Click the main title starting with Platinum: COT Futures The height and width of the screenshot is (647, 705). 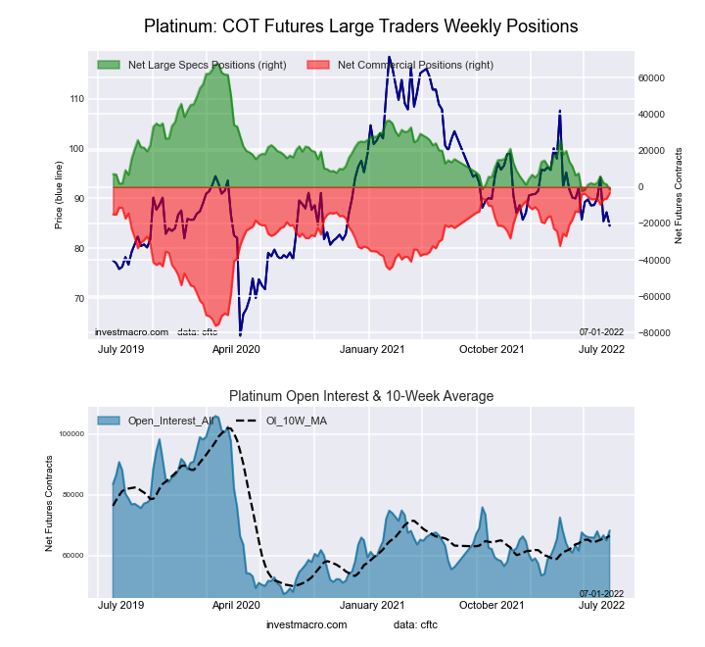pos(360,25)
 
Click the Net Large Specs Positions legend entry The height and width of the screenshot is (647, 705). pos(207,65)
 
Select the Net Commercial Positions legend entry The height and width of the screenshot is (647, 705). pos(415,65)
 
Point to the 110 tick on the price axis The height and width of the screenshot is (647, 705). pos(76,99)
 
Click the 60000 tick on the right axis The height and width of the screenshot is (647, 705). pos(651,77)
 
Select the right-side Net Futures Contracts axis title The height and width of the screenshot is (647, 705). pos(679,195)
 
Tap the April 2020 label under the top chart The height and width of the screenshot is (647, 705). pos(235,349)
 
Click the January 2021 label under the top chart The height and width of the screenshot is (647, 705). pos(372,349)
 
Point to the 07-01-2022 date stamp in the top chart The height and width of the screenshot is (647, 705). pos(600,332)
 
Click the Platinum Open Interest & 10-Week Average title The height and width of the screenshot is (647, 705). pos(361,396)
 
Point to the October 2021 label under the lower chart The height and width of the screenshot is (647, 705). pos(492,606)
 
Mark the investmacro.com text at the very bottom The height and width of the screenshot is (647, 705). pos(306,624)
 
